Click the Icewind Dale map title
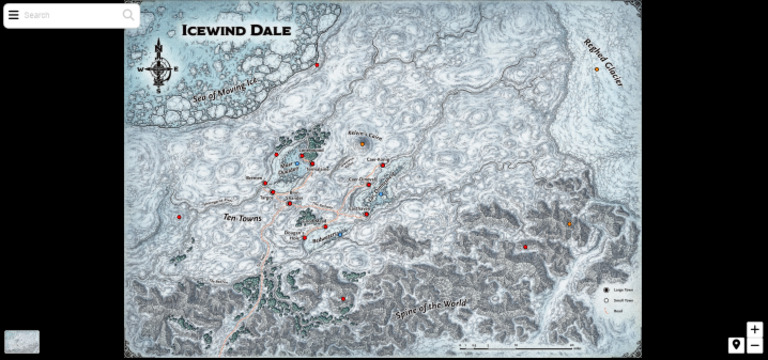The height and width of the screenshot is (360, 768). pos(237,30)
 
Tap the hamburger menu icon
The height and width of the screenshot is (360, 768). pos(14,15)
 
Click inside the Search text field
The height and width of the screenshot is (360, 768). pos(70,15)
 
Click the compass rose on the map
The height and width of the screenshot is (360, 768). pos(162,67)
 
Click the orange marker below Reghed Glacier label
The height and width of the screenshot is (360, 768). pos(597,69)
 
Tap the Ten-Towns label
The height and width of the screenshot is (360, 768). pos(243,216)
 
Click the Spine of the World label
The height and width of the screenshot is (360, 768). pos(431,297)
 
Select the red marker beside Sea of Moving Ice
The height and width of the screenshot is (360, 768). pos(317,66)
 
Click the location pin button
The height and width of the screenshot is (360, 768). pos(736,345)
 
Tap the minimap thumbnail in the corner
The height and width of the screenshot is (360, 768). pos(22,342)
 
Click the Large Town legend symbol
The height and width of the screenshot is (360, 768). pos(606,290)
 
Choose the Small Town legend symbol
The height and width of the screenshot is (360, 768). pos(606,300)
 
